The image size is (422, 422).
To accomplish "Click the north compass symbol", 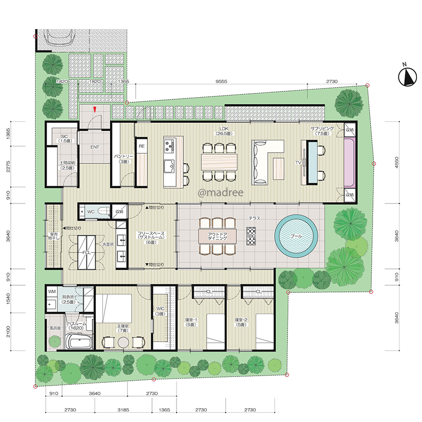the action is (408, 77).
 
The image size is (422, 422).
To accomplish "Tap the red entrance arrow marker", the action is (95, 109).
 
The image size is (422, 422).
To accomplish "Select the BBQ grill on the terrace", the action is (251, 236).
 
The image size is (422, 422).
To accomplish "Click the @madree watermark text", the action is (220, 192).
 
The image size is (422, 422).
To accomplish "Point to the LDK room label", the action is (224, 129).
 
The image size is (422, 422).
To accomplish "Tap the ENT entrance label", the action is (95, 147).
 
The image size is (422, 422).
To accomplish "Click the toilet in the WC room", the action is (103, 211).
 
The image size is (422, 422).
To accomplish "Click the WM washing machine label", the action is (52, 292).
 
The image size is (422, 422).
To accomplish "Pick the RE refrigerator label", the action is (141, 146).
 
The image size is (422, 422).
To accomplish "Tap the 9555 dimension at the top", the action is (221, 81).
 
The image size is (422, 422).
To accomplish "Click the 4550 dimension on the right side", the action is (396, 162).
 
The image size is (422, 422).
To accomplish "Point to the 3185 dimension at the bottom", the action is (123, 410).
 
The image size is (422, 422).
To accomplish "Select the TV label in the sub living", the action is (298, 162).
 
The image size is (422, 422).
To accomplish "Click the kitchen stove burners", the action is (169, 146).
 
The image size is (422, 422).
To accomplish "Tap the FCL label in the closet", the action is (87, 252).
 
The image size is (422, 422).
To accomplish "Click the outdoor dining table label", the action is (217, 236).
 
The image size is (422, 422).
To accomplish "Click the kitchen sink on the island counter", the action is (169, 167).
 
